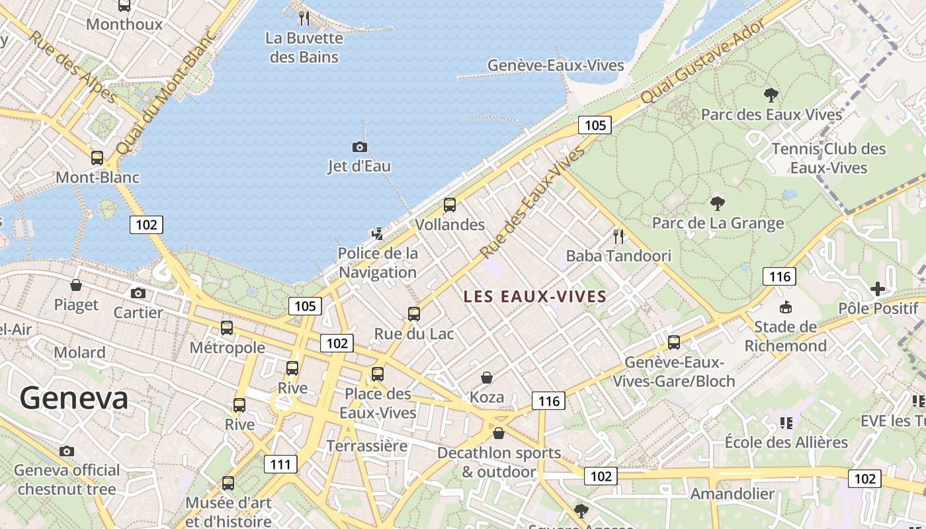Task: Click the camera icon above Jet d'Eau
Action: pyautogui.click(x=360, y=147)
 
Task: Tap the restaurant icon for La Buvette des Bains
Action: pyautogui.click(x=304, y=18)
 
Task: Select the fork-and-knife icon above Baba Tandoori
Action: pyautogui.click(x=618, y=236)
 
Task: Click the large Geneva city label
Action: pyautogui.click(x=73, y=398)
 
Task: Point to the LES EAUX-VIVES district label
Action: pyautogui.click(x=535, y=297)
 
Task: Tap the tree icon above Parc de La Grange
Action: pyautogui.click(x=718, y=203)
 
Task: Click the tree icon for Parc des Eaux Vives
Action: pyautogui.click(x=771, y=95)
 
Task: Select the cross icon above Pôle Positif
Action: pyautogui.click(x=878, y=289)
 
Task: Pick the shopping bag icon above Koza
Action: pyautogui.click(x=487, y=378)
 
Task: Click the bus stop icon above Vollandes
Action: pyautogui.click(x=450, y=205)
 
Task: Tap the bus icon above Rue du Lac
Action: pyautogui.click(x=414, y=314)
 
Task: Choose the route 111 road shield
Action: pyautogui.click(x=280, y=464)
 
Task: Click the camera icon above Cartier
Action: pyautogui.click(x=138, y=293)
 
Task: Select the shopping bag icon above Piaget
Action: pyautogui.click(x=76, y=286)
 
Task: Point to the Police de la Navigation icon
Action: pyautogui.click(x=378, y=233)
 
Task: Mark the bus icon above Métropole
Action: pyautogui.click(x=227, y=328)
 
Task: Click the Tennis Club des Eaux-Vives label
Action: pyautogui.click(x=829, y=158)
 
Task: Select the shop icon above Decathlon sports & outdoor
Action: pyautogui.click(x=499, y=433)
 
